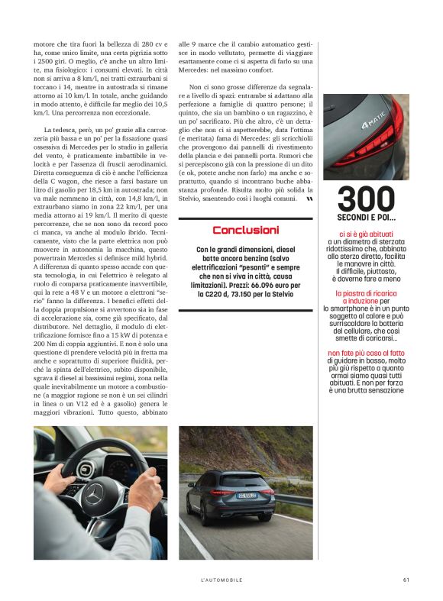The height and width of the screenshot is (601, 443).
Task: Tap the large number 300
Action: [x=366, y=200]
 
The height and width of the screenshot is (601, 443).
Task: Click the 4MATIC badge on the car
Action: [x=374, y=121]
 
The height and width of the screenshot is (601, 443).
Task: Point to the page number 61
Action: [x=406, y=580]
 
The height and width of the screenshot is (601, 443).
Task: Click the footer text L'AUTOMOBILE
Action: [x=221, y=580]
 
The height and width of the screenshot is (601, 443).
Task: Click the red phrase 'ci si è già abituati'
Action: [x=366, y=234]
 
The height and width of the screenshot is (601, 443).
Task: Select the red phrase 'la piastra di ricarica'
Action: [x=364, y=292]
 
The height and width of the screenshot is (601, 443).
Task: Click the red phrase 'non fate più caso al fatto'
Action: [x=366, y=352]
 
